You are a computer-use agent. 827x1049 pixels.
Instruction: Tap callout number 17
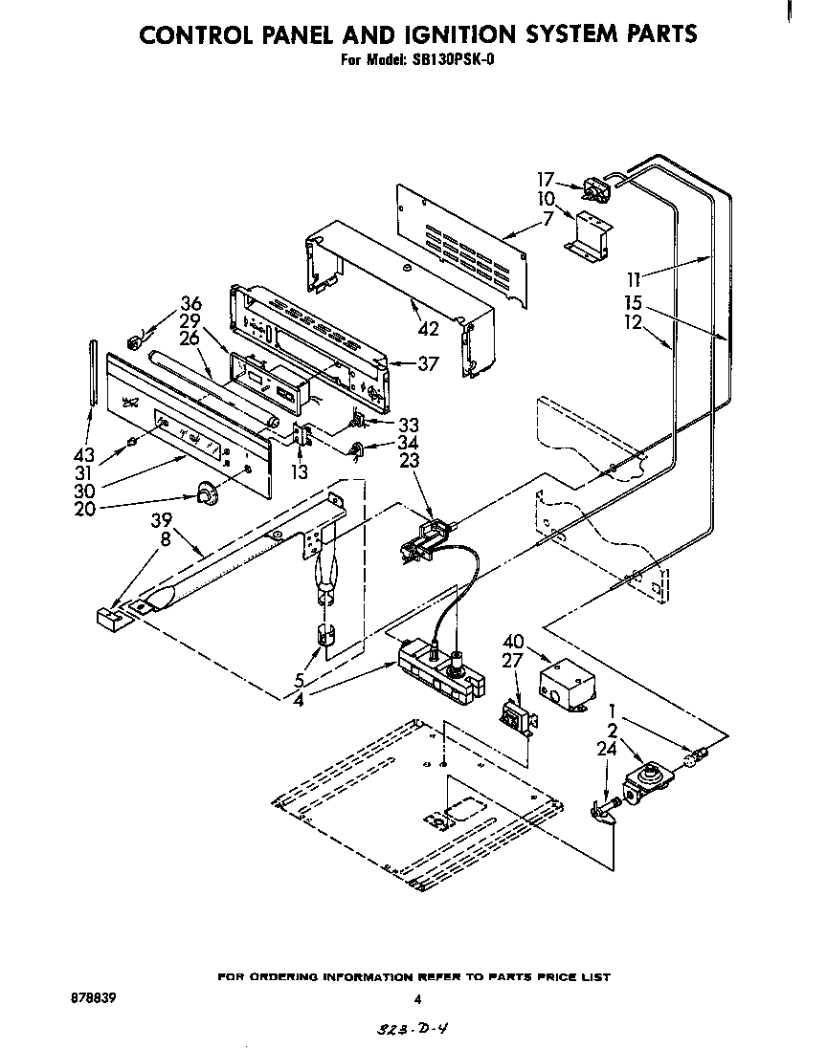point(546,179)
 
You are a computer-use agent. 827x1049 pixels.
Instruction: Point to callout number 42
point(428,328)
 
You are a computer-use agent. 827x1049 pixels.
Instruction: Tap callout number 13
point(301,471)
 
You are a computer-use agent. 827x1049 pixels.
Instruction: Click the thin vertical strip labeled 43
point(94,373)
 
